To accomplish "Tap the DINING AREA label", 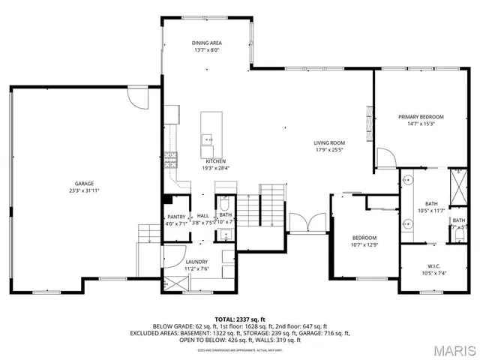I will [x=206, y=43].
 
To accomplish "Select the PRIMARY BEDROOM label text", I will [x=421, y=117].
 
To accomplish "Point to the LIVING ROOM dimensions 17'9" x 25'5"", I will [x=328, y=149].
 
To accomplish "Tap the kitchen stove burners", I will [x=171, y=157].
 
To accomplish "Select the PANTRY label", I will [x=176, y=215].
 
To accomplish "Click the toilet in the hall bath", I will [x=224, y=205].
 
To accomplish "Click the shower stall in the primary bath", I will [x=457, y=183].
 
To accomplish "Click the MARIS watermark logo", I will [x=450, y=349].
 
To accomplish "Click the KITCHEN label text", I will [x=216, y=161].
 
